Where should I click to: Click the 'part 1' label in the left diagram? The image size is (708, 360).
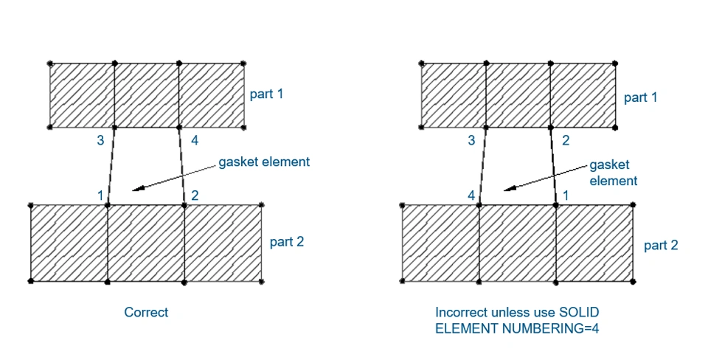pyautogui.click(x=267, y=94)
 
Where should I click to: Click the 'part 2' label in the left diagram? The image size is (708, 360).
pyautogui.click(x=286, y=241)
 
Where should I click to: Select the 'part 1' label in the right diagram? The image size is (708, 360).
pyautogui.click(x=640, y=97)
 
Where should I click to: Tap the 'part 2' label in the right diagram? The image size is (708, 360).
pyautogui.click(x=661, y=245)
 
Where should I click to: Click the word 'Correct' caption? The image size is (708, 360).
pyautogui.click(x=146, y=312)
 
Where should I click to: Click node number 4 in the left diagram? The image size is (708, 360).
pyautogui.click(x=195, y=140)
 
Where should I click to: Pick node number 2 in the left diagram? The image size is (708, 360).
pyautogui.click(x=195, y=195)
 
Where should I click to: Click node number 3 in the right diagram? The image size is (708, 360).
pyautogui.click(x=471, y=140)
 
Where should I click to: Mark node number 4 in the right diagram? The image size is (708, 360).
pyautogui.click(x=471, y=195)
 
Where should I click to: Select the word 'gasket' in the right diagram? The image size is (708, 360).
pyautogui.click(x=614, y=167)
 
